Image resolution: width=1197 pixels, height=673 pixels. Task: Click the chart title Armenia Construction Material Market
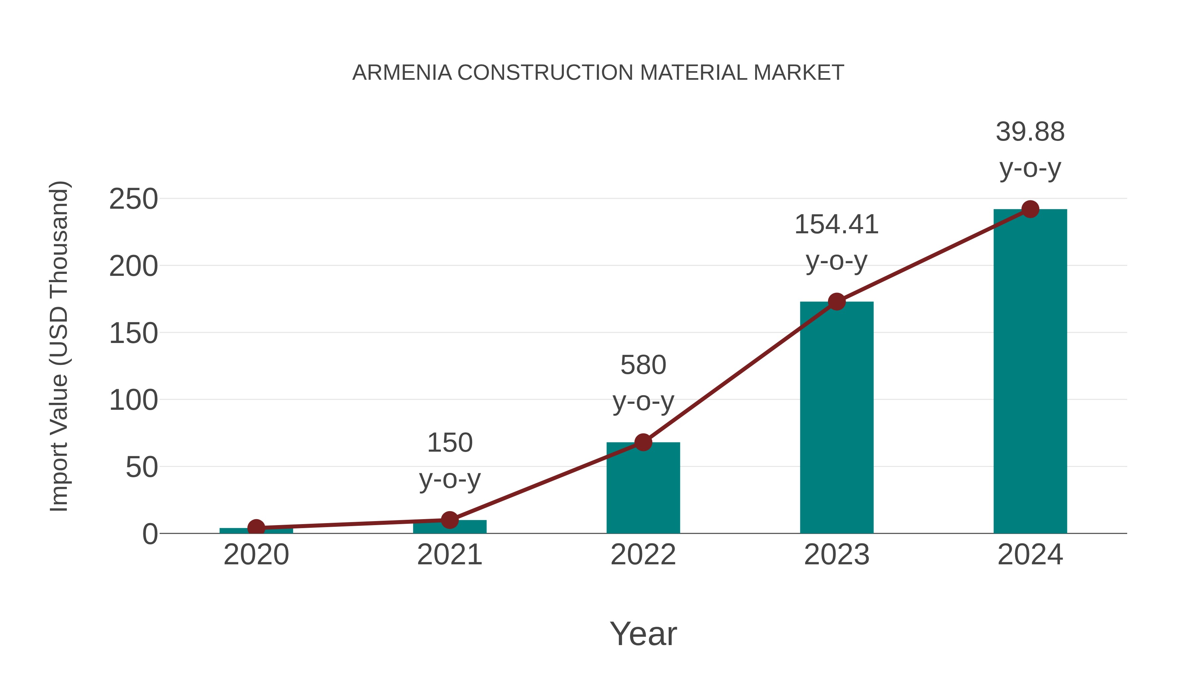pos(598,73)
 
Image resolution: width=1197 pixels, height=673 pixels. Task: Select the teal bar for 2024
pos(1030,372)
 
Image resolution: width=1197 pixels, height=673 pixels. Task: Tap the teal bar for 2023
pos(837,418)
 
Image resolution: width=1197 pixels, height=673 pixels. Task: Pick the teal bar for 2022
pos(643,488)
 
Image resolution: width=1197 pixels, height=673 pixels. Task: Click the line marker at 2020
pos(256,528)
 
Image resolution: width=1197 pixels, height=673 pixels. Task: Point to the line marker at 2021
pos(449,520)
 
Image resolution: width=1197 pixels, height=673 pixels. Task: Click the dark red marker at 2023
pos(837,302)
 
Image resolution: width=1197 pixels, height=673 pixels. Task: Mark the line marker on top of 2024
pos(1030,209)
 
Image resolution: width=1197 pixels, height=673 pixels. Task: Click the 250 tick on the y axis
pos(133,199)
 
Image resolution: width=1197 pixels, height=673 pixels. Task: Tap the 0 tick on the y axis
pos(150,534)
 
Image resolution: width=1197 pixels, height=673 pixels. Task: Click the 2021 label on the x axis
pos(449,555)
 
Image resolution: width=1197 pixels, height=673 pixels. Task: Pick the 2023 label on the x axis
pos(837,555)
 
